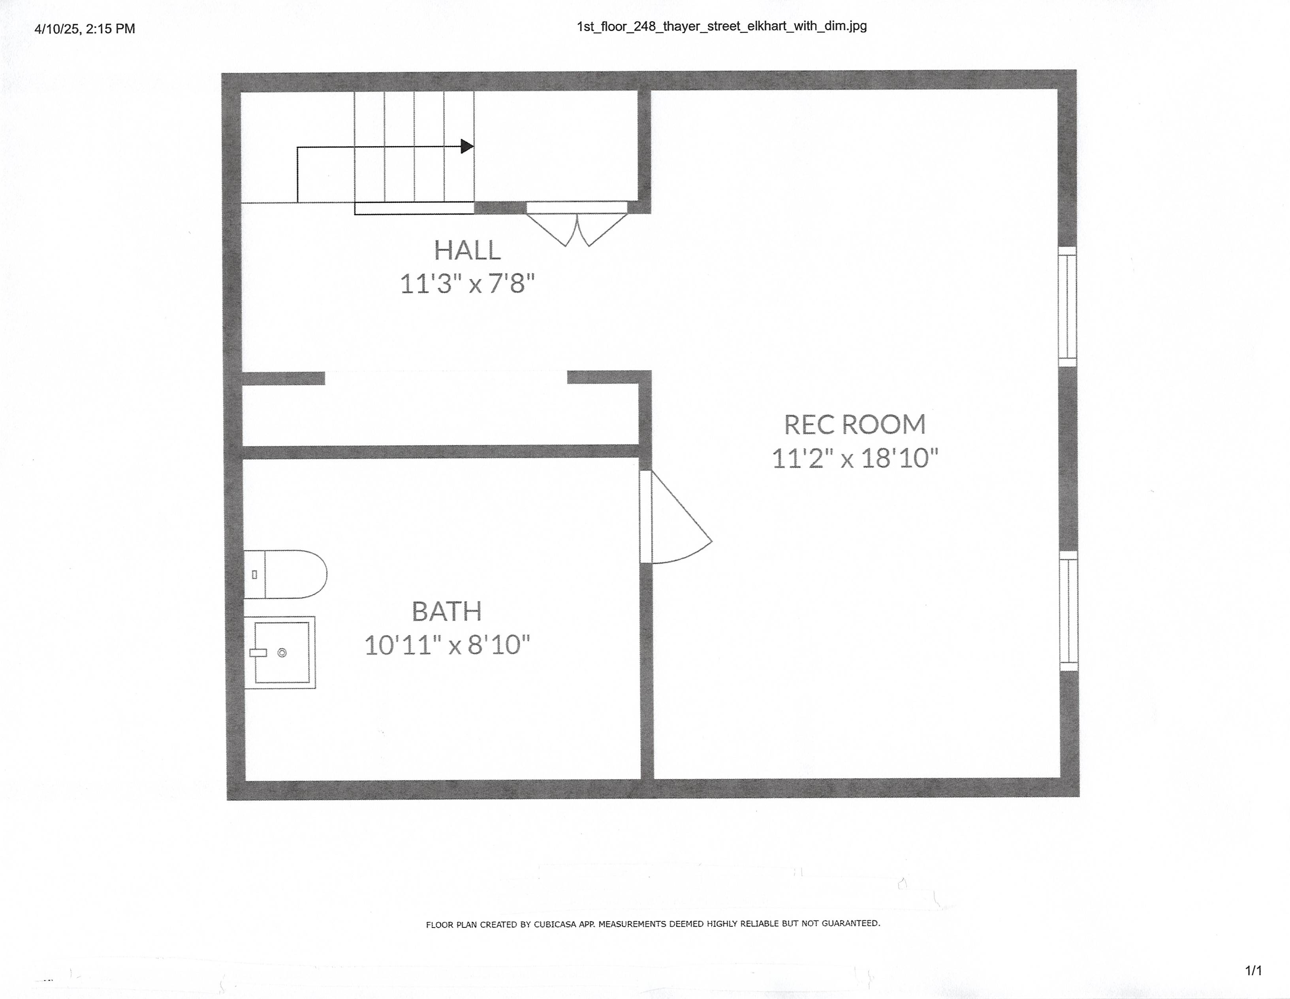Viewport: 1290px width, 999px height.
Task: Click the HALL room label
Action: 467,251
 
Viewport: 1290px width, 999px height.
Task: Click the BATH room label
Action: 447,611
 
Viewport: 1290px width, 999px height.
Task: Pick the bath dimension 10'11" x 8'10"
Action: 447,645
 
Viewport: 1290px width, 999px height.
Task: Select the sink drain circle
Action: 282,653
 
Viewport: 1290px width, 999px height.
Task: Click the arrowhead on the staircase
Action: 466,146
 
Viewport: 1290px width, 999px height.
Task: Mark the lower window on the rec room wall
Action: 1068,611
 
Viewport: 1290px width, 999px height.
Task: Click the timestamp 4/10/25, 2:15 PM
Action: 85,29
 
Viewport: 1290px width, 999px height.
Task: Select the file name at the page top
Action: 721,26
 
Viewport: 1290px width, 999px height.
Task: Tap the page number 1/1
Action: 1253,971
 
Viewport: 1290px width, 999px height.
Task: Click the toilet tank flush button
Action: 255,574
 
